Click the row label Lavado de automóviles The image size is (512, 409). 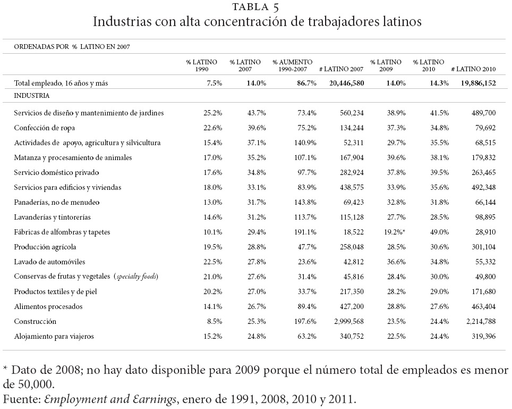tap(50, 262)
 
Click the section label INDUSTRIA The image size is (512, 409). tap(32, 96)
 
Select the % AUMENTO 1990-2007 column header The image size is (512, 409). tap(292, 65)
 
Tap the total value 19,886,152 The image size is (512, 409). tap(475, 82)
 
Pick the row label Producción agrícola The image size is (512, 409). tap(46, 247)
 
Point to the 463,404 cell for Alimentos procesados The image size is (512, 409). tap(483, 306)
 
